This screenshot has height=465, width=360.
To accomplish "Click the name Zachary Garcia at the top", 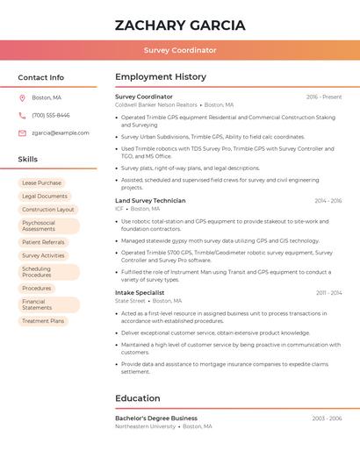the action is [x=180, y=25].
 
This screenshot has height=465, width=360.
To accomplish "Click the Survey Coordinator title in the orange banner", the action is [x=180, y=50].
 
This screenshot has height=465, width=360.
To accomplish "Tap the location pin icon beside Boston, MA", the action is [x=22, y=97].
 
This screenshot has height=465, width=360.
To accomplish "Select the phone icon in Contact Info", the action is [x=22, y=115].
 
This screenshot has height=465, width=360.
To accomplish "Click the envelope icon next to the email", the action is [x=22, y=132].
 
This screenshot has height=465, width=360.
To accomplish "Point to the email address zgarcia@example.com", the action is [x=61, y=132].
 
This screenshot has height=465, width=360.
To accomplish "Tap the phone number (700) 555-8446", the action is [x=51, y=115].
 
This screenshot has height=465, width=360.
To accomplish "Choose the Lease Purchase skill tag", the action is [x=41, y=183].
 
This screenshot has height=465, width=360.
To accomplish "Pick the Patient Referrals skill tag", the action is [x=43, y=242].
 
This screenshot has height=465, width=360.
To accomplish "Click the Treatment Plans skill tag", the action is [x=43, y=321].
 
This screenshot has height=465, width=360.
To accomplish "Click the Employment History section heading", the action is [x=161, y=77].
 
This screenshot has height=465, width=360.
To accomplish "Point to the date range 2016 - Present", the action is [x=324, y=97].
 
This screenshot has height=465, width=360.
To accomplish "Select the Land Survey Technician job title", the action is [x=150, y=201].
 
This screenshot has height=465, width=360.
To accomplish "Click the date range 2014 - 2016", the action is [x=328, y=201].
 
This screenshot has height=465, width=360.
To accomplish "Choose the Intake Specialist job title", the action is [x=140, y=292].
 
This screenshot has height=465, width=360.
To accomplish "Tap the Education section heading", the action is [x=138, y=398].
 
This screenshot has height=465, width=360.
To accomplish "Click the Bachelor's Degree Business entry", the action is [x=156, y=418].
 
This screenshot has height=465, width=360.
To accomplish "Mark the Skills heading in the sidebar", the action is [x=28, y=159].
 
